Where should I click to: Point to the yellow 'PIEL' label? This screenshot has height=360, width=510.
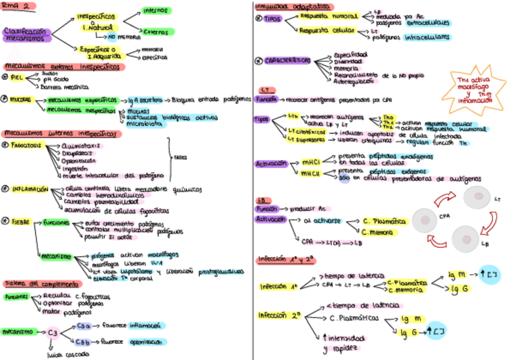pos(16,77)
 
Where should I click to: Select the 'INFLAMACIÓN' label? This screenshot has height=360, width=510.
pos(30,189)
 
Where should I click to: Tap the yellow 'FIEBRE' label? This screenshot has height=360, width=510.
pos(20,221)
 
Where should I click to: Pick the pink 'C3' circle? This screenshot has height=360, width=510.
pos(53,332)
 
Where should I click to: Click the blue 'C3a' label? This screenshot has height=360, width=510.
pos(84,325)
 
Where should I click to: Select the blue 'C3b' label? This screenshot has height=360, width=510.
pos(84,342)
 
